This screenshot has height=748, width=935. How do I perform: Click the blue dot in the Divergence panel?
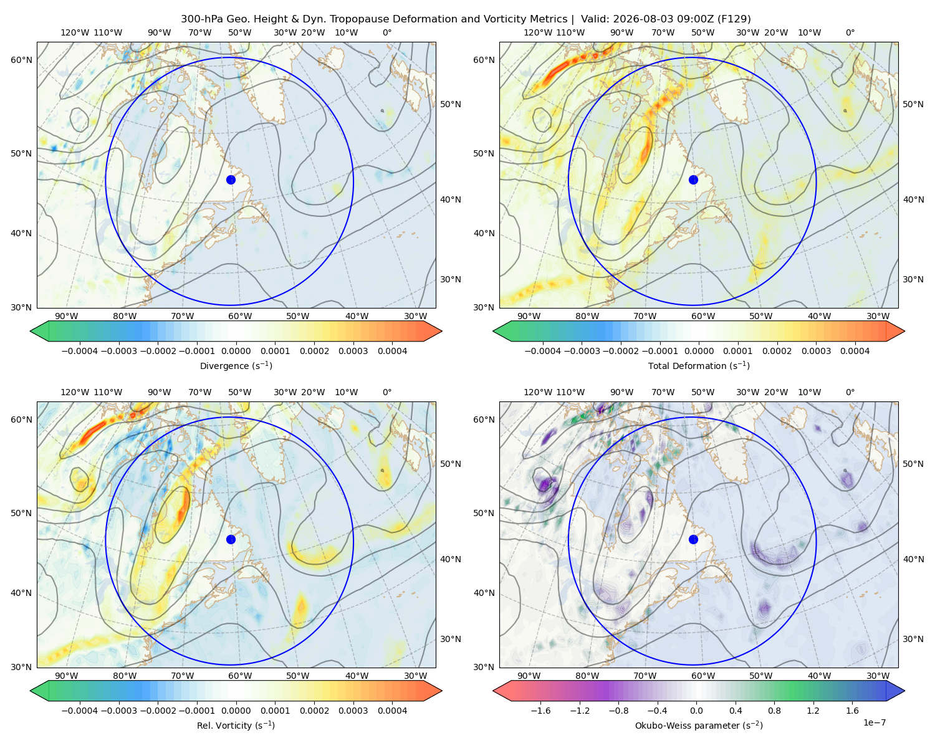(231, 180)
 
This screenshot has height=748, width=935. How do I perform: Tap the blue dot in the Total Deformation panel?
(693, 180)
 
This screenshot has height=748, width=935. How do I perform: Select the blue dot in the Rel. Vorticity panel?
(231, 539)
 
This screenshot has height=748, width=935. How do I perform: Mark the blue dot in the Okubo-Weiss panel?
(693, 539)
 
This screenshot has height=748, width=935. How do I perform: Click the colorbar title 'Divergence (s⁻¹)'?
(236, 365)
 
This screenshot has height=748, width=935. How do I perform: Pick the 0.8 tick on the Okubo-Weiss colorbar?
(774, 710)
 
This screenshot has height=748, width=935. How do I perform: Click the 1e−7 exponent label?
(874, 722)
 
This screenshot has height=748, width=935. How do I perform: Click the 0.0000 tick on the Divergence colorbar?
(236, 351)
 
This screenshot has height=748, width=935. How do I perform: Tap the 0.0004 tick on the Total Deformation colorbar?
(855, 351)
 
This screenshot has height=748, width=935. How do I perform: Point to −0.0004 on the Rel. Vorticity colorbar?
(80, 710)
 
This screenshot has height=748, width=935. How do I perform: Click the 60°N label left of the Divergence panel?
(21, 60)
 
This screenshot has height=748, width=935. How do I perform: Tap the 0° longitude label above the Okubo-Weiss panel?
(850, 392)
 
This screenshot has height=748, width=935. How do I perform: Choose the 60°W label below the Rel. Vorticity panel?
(240, 676)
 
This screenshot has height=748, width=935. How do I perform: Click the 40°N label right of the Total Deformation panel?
(913, 199)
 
